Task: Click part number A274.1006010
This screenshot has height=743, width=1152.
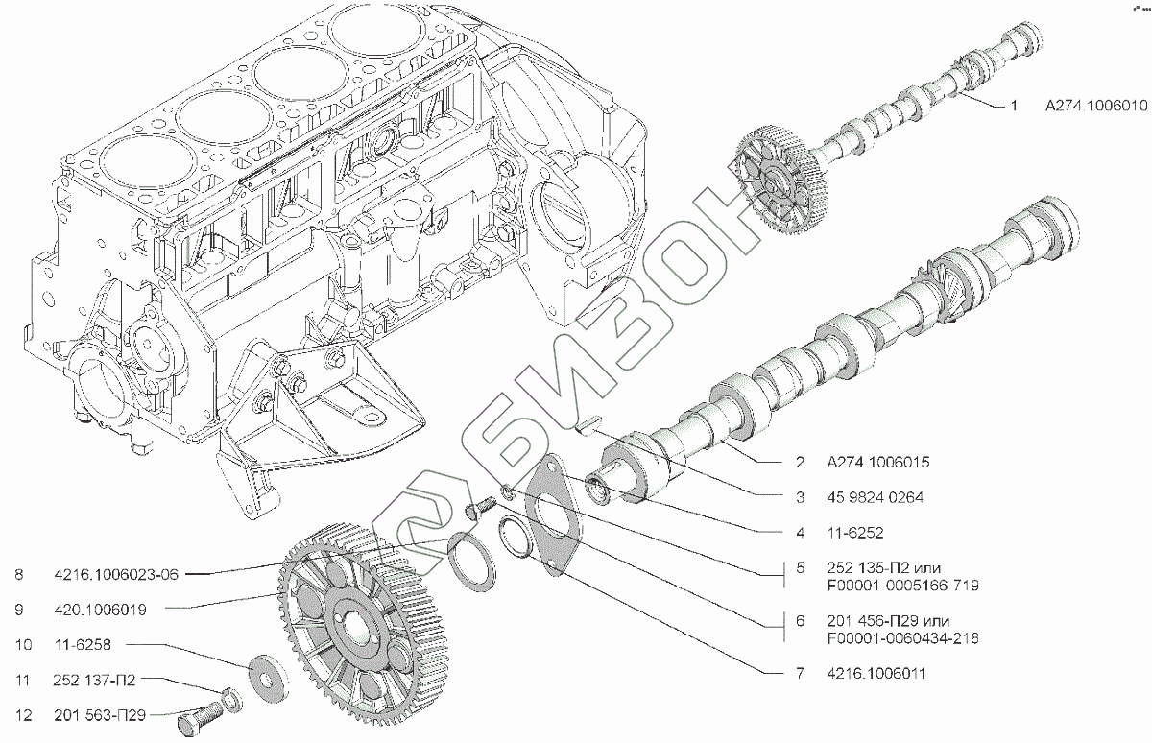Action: coord(1096,108)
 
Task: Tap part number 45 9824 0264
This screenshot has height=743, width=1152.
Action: coord(872,497)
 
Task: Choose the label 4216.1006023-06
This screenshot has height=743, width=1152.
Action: coord(115,575)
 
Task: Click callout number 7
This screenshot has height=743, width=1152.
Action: coord(799,674)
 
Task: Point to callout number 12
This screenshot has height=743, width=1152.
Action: coord(19,714)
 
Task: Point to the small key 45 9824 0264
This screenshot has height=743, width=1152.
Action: coord(587,423)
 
